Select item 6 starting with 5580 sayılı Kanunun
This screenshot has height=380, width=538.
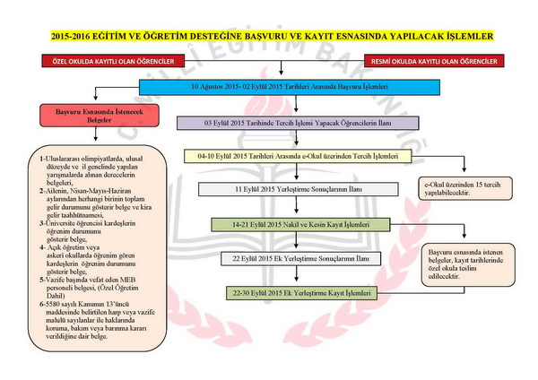pyautogui.click(x=85, y=320)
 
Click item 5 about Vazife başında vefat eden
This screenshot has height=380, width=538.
pyautogui.click(x=85, y=286)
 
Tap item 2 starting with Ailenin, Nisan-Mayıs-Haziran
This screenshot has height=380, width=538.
pyautogui.click(x=85, y=203)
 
